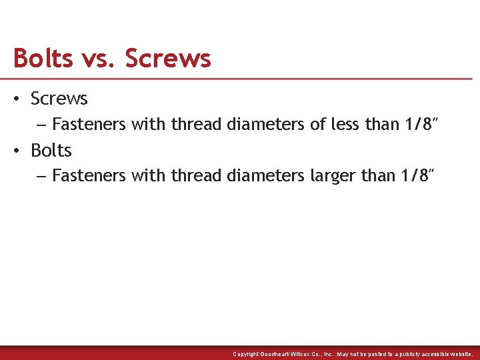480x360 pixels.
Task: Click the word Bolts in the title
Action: pyautogui.click(x=43, y=59)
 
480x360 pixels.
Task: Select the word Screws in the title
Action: pyautogui.click(x=168, y=59)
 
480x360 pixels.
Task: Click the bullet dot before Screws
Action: pyautogui.click(x=17, y=99)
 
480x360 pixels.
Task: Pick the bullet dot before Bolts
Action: pyautogui.click(x=17, y=151)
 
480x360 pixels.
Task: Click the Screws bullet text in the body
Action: pyautogui.click(x=59, y=99)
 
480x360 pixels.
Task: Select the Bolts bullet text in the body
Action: pyautogui.click(x=51, y=150)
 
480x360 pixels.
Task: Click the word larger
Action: pyautogui.click(x=333, y=176)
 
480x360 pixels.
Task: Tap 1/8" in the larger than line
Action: pyautogui.click(x=418, y=175)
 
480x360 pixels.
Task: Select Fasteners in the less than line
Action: pyautogui.click(x=89, y=124)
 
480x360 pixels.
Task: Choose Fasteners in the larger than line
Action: pyautogui.click(x=89, y=176)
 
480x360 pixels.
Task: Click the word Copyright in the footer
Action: pyautogui.click(x=246, y=354)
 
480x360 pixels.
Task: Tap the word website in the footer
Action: pyautogui.click(x=459, y=354)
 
